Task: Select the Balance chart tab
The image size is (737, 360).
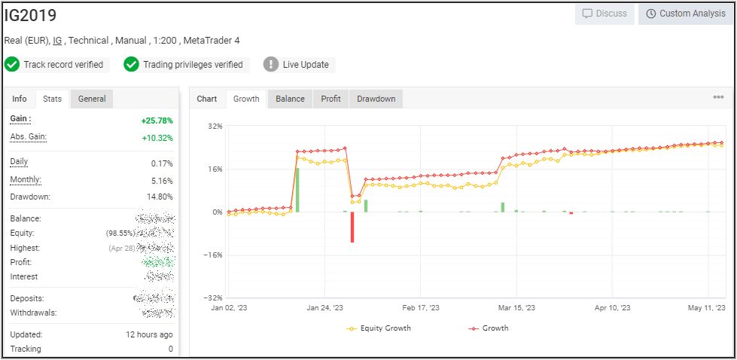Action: tap(290, 99)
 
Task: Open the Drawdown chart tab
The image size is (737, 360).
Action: tap(376, 99)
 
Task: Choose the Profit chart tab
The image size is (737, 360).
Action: tap(330, 99)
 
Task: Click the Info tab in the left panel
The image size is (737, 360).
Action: tap(20, 99)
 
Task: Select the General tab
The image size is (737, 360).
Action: tap(92, 99)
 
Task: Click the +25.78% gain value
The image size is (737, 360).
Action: tap(157, 121)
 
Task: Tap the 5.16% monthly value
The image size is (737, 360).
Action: tap(162, 181)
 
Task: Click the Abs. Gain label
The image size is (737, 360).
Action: tap(28, 136)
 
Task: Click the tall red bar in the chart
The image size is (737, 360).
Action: tap(352, 227)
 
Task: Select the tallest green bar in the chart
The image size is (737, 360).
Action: tap(297, 190)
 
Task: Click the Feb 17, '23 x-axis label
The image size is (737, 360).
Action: tap(420, 307)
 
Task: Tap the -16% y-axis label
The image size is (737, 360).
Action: tap(213, 255)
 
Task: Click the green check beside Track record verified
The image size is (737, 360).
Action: tap(12, 65)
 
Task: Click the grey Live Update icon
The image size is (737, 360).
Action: tap(271, 65)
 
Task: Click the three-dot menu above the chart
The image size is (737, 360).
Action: tap(718, 97)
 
